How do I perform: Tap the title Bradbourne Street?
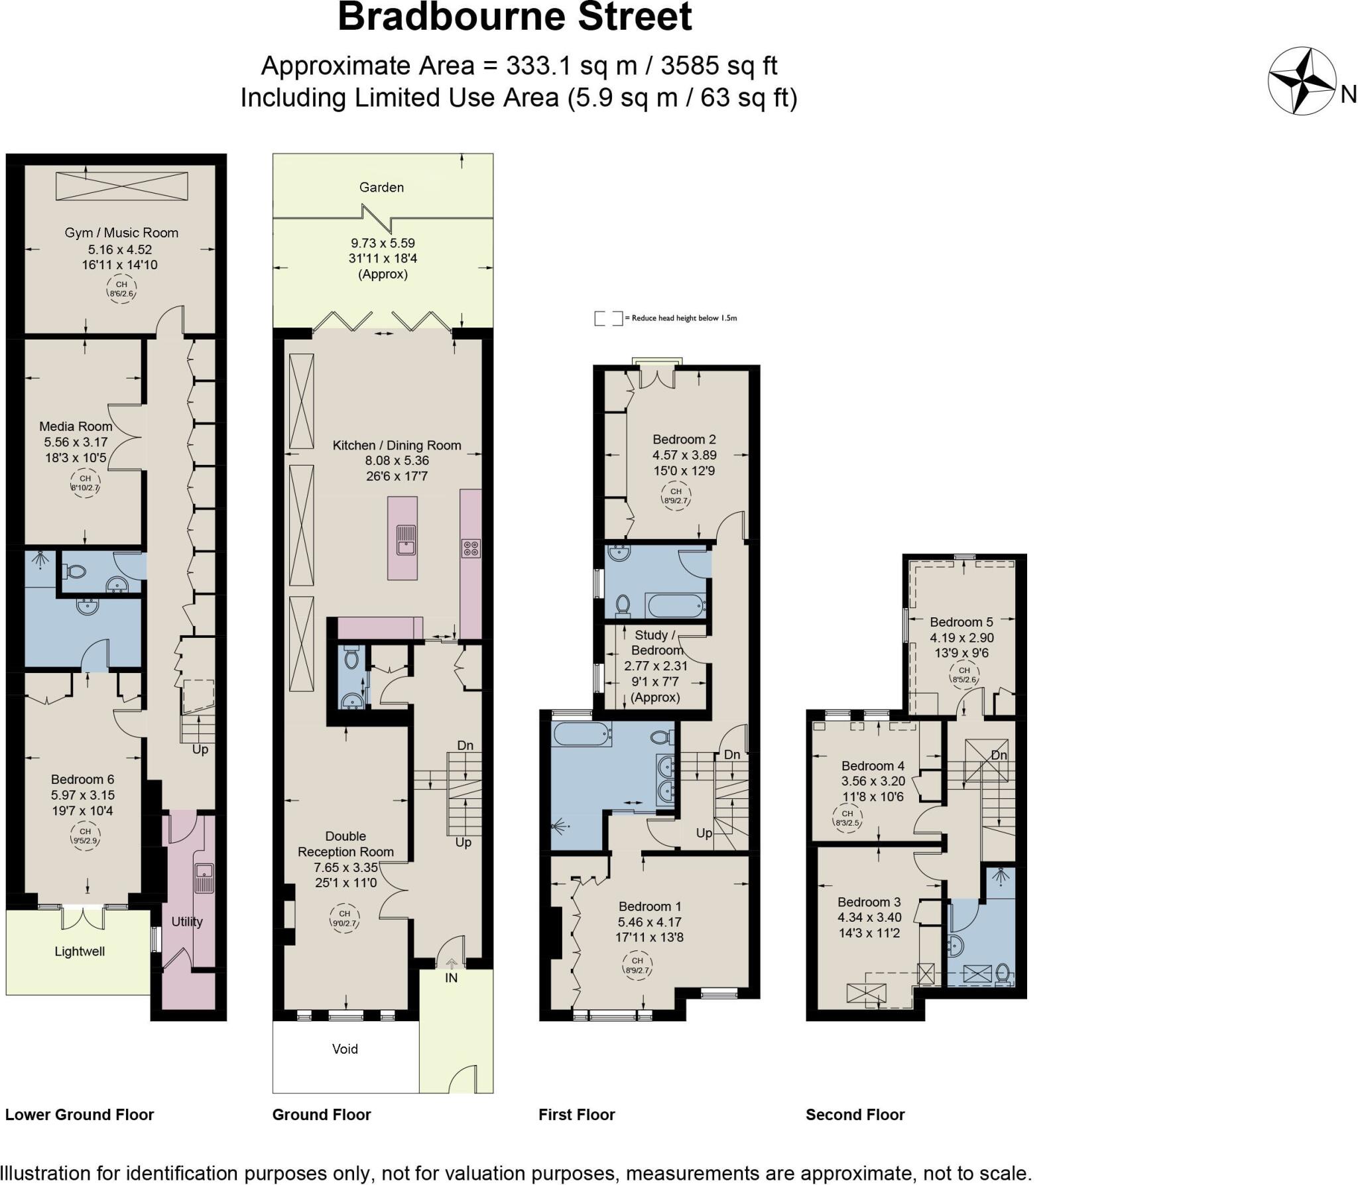515,17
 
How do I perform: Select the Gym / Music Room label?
121,233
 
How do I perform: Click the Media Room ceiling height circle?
85,483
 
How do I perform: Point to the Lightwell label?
80,952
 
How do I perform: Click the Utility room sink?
204,878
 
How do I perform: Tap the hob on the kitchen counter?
471,548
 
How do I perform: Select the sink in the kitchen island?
405,539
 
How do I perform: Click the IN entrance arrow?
451,964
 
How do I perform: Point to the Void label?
345,1049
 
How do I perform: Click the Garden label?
381,188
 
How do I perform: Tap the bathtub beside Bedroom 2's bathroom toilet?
674,605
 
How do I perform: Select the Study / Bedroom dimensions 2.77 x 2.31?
656,666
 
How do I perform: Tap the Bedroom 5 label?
961,622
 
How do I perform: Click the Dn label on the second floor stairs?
999,755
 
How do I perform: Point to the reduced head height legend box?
608,318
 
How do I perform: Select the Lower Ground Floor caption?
80,1115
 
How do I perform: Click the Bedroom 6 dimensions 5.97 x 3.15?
83,795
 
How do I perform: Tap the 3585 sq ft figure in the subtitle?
719,66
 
